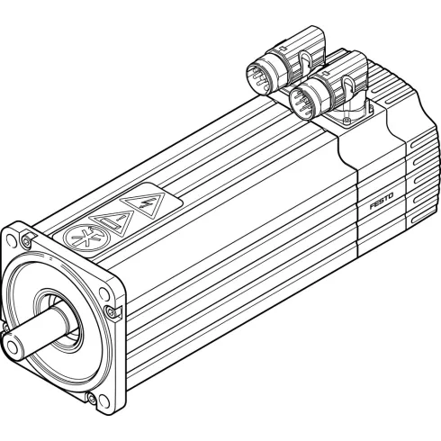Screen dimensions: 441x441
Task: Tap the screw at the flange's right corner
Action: pos(111,311)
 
